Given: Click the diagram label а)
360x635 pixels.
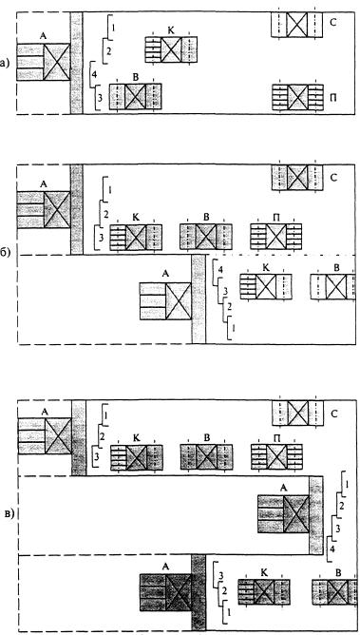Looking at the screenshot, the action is click(x=4, y=63).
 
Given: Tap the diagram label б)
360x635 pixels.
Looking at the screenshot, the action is click(x=5, y=255).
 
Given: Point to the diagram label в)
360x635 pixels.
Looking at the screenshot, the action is click(x=9, y=514).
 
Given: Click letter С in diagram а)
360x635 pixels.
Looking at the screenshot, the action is click(x=332, y=23).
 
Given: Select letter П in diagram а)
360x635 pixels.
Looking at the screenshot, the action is click(x=332, y=98).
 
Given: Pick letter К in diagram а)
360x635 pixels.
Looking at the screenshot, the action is click(x=171, y=31).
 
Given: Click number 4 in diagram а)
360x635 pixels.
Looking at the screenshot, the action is click(x=94, y=74).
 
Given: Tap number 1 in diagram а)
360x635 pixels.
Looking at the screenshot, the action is click(x=113, y=28).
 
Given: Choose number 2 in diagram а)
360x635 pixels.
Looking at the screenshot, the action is click(x=108, y=51).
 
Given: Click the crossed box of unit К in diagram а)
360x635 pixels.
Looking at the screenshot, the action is click(x=171, y=49).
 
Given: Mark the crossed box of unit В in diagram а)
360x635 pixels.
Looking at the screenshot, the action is click(x=135, y=96).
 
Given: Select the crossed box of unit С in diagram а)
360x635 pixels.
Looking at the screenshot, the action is click(x=297, y=25).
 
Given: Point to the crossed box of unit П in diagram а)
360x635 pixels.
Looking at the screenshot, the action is click(x=297, y=97).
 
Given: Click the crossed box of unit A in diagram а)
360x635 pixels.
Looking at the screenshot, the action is click(x=57, y=62).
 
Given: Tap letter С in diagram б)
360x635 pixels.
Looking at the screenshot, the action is click(x=332, y=178).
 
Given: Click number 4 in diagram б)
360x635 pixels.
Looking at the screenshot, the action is click(x=220, y=269).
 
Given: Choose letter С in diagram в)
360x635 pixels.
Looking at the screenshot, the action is click(x=333, y=414).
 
